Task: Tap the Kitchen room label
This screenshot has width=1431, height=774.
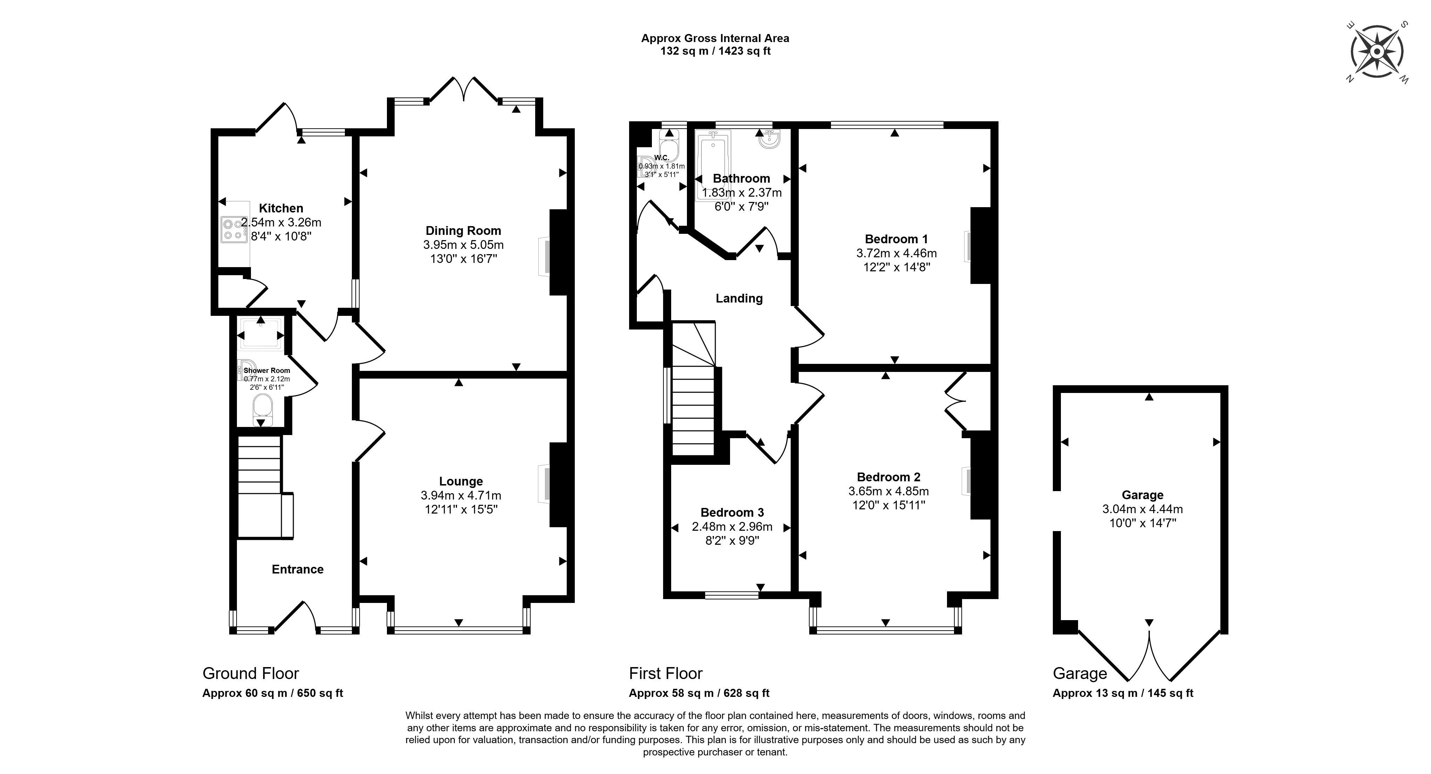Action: [x=281, y=208]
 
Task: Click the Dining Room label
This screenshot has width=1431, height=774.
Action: [x=463, y=231]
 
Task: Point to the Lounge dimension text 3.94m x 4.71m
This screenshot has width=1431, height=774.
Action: [x=461, y=495]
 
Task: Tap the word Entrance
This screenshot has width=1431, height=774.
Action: [x=298, y=569]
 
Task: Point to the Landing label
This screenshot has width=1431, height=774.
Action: [x=739, y=298]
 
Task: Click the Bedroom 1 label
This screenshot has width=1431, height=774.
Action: [x=897, y=239]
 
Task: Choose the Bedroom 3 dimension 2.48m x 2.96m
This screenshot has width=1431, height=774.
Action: [x=732, y=526]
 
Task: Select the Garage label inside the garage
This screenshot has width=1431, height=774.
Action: [x=1143, y=495]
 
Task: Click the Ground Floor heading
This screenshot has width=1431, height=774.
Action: [x=251, y=673]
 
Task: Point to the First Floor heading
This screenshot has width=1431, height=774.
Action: [x=666, y=673]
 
